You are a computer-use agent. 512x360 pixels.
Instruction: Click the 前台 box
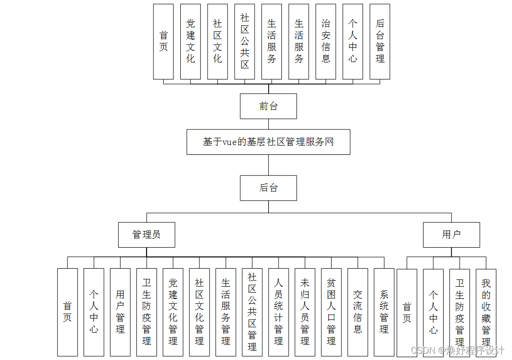(x=268, y=106)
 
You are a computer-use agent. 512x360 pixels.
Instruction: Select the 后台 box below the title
(x=268, y=188)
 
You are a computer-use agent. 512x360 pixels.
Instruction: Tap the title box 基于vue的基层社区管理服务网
(x=268, y=142)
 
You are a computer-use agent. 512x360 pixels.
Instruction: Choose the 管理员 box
(x=147, y=235)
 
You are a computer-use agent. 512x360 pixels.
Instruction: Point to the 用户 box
(x=451, y=235)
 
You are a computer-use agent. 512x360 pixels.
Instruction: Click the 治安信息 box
(x=326, y=42)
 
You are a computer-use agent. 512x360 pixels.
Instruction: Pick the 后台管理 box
(x=380, y=42)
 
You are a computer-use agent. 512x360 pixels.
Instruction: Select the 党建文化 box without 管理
(x=191, y=42)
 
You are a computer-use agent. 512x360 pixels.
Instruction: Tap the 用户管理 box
(x=120, y=312)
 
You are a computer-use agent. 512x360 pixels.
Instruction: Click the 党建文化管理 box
(x=173, y=312)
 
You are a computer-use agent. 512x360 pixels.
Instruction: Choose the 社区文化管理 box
(x=199, y=312)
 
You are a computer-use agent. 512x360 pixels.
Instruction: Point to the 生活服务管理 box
(x=226, y=312)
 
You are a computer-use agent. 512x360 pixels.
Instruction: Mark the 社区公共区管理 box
(x=252, y=312)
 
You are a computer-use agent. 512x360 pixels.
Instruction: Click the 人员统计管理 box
(x=278, y=312)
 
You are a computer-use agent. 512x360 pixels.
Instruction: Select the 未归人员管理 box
(x=305, y=312)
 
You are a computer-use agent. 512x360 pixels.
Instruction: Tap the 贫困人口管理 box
(x=331, y=312)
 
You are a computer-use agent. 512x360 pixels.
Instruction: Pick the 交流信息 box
(x=358, y=312)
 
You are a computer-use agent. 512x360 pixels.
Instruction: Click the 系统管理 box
(x=384, y=312)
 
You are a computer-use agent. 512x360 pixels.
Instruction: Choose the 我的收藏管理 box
(x=486, y=312)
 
